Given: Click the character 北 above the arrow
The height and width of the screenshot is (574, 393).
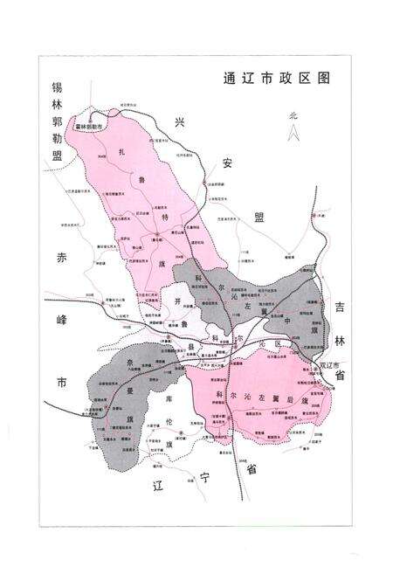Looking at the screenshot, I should [x=294, y=115].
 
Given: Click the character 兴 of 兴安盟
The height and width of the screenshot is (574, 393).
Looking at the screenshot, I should [x=181, y=121].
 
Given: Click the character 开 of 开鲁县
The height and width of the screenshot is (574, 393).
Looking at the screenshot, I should [x=178, y=300].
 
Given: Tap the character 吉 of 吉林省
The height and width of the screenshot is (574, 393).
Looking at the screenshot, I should [x=340, y=306].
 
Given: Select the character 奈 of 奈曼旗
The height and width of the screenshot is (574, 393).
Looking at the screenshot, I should [x=128, y=360].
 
